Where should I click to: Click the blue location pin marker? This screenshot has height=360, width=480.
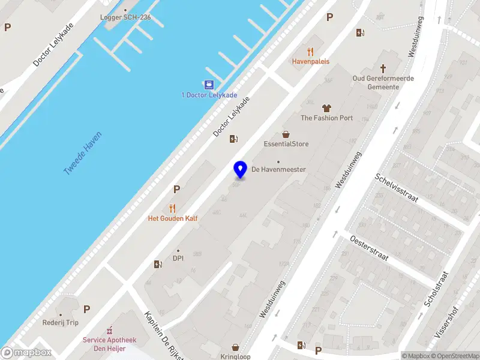(x=241, y=169)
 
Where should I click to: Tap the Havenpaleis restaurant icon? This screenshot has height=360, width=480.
(x=310, y=52)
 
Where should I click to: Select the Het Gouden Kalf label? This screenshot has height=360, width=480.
(x=173, y=218)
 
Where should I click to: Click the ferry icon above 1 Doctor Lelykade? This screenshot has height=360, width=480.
(x=209, y=85)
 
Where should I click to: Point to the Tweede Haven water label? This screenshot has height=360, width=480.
(x=83, y=154)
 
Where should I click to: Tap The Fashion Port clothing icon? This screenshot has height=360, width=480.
(x=326, y=109)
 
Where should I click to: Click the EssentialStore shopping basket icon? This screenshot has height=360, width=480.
(x=286, y=135)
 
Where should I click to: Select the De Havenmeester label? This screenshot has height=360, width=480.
(x=278, y=169)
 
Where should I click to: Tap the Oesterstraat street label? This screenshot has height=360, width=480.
(x=368, y=248)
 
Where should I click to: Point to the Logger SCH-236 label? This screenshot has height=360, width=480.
(x=125, y=17)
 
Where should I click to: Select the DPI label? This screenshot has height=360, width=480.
(x=178, y=259)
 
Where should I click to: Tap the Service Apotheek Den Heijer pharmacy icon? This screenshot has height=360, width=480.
(x=109, y=331)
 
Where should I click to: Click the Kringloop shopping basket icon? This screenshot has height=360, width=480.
(x=235, y=347)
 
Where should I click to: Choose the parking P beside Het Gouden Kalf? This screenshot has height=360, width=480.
(x=176, y=190)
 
